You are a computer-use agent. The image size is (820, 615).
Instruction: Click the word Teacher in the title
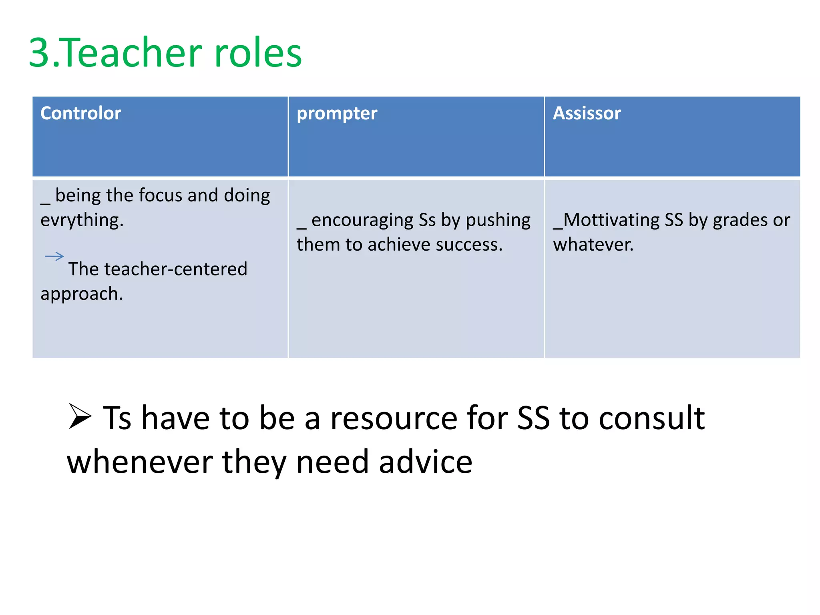pos(132,53)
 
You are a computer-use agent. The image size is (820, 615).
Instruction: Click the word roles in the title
pos(258,53)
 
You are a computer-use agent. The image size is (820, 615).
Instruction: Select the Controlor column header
pos(81,113)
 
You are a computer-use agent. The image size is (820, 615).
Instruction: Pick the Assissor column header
pos(587,113)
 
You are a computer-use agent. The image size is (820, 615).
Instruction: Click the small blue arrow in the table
pos(54,256)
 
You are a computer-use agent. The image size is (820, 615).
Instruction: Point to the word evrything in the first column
pos(82,220)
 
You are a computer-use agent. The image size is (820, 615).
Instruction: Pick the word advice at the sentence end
pos(425,462)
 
